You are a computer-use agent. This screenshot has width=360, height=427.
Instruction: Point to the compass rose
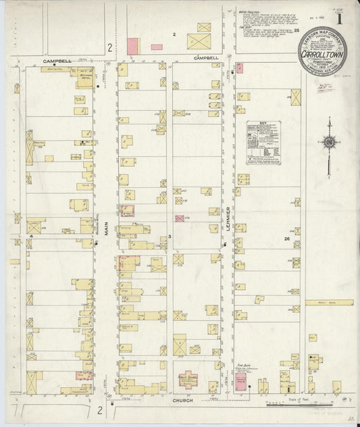pos(329,143)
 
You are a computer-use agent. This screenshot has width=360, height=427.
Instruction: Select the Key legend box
pos(264,143)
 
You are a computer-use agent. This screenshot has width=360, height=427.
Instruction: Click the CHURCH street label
pos(184,401)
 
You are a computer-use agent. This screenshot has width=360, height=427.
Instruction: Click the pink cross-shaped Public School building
pos(186,382)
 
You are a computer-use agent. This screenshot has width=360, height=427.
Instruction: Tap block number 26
pos(286,238)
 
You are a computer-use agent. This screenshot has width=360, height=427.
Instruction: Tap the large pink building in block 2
pos(132,46)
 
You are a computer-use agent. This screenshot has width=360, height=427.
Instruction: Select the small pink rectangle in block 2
pos(157,47)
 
